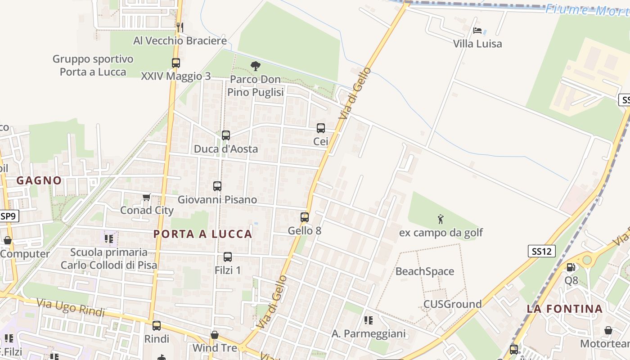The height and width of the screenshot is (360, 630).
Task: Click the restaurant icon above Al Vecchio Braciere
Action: (x=180, y=27)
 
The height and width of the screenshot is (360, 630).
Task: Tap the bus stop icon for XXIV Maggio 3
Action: (x=175, y=63)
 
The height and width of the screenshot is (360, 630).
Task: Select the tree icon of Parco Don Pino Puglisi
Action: (x=255, y=66)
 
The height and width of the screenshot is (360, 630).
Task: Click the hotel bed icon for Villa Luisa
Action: (x=477, y=31)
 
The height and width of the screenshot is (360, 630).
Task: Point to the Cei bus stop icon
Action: (x=320, y=128)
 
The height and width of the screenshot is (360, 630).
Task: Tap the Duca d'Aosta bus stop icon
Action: (x=226, y=135)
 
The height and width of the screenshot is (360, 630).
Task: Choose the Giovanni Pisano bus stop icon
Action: (x=217, y=186)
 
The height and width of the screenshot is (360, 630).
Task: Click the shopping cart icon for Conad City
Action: (x=146, y=197)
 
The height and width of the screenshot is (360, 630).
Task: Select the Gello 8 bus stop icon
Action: (x=305, y=217)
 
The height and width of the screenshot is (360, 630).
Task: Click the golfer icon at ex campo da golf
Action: (x=441, y=219)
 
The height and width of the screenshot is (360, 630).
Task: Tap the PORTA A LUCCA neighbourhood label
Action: (x=203, y=234)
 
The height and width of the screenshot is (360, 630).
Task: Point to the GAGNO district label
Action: (x=39, y=180)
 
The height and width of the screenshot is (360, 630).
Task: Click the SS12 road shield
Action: (x=542, y=251)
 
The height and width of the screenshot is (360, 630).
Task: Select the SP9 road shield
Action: (x=9, y=216)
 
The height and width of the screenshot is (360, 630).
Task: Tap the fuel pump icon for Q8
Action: (x=571, y=267)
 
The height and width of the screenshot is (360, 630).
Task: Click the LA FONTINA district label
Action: (x=565, y=309)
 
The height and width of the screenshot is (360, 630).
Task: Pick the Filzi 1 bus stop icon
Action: (x=228, y=257)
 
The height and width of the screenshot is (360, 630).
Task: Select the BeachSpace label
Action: (x=424, y=271)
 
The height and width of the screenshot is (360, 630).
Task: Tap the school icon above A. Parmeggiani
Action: (x=368, y=320)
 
